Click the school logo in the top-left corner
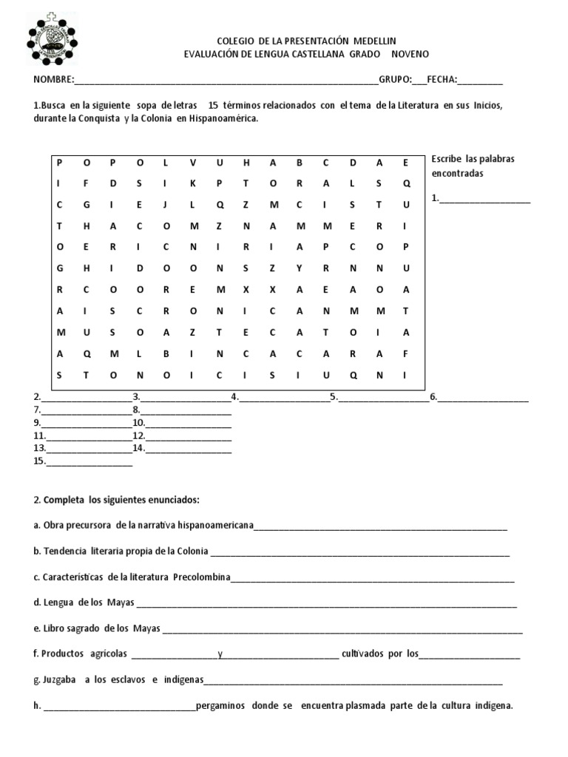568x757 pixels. click(58, 39)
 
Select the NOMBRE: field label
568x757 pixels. click(53, 80)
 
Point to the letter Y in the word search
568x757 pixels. click(300, 269)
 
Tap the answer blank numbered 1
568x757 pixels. click(485, 198)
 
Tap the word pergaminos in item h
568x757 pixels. click(222, 705)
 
